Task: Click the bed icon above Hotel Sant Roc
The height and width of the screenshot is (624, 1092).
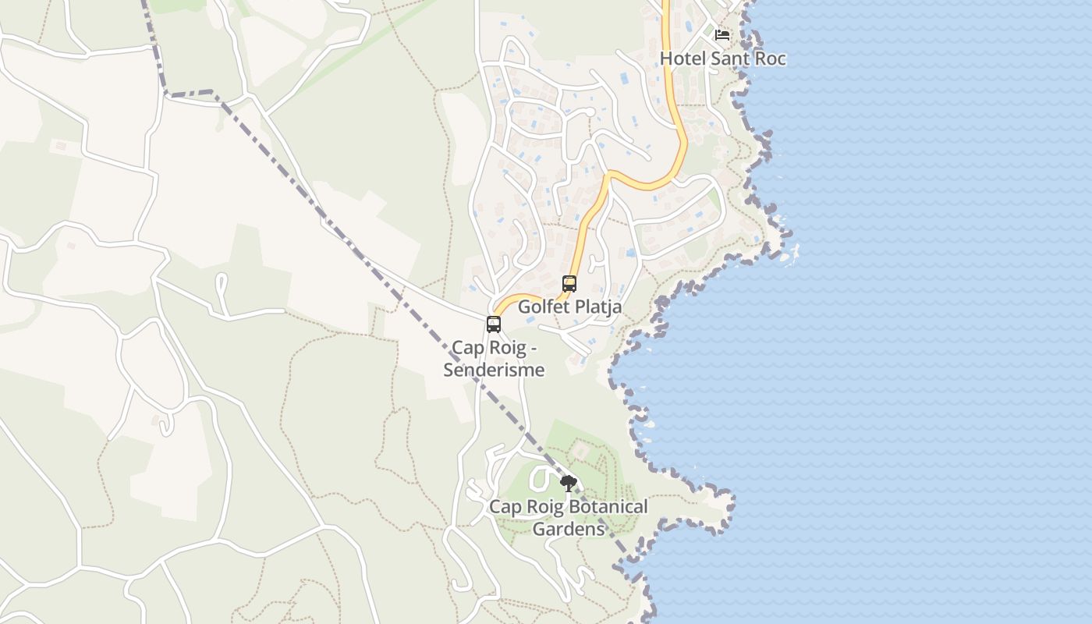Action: tap(722, 35)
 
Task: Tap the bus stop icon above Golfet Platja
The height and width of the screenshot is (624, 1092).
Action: tap(569, 284)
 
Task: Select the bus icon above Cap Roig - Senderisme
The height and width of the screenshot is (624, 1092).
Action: tap(494, 324)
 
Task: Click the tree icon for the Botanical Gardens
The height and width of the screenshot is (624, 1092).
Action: tap(569, 484)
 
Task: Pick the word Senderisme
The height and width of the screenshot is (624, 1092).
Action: tap(494, 370)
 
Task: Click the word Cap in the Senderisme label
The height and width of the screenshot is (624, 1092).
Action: tap(466, 347)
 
